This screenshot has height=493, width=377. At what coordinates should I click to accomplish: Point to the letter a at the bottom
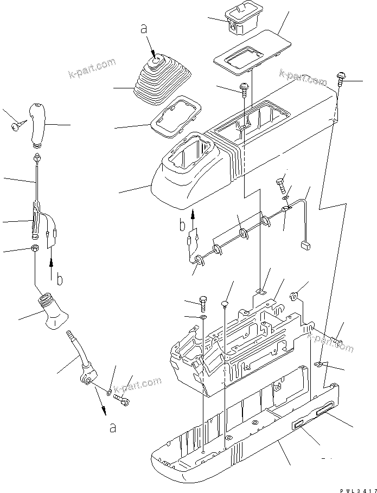point(113,428)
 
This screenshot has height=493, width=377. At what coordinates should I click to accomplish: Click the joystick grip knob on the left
point(40,123)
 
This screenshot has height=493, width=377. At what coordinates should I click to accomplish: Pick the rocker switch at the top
point(243,18)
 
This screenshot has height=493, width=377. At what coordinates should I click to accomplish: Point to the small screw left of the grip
point(15,127)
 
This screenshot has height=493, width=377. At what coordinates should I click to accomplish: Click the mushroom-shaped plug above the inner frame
point(226,302)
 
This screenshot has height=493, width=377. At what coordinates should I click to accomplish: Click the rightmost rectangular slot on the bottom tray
point(327,415)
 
